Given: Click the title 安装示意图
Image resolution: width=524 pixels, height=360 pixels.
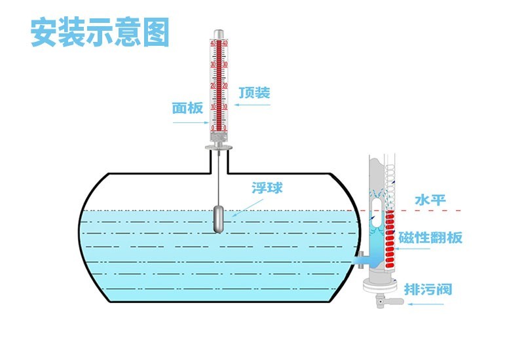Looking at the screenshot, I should tap(100, 33).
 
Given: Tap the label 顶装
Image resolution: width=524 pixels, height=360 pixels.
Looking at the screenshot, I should tap(254, 92).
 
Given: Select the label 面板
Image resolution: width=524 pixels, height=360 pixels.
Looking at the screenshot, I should tap(188, 107).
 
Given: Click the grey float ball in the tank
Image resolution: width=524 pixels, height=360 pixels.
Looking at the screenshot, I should tap(219, 219).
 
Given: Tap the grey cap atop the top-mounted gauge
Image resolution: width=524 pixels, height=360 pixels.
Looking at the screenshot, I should tap(219, 33).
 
